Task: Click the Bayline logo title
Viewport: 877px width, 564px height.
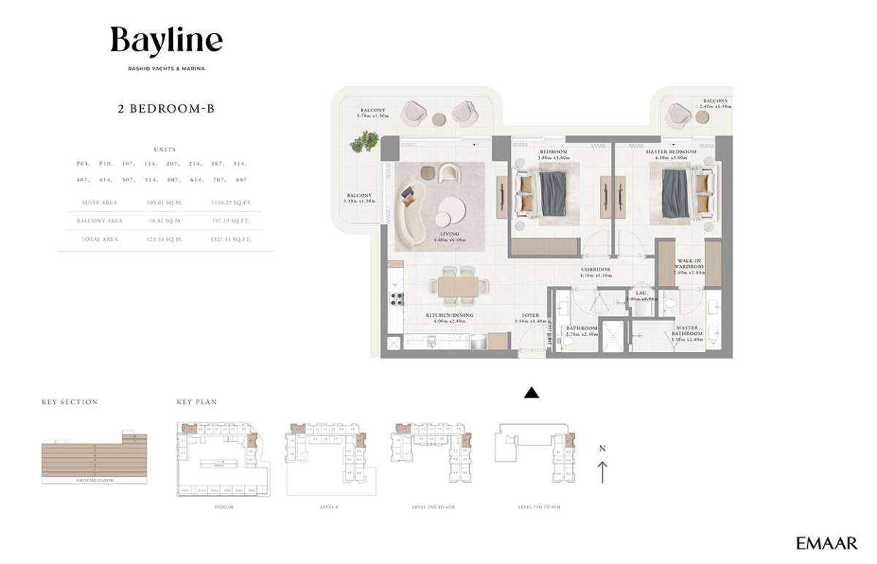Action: point(167,41)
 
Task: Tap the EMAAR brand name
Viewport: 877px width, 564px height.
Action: point(827,543)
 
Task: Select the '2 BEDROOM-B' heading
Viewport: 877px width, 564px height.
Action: point(166,109)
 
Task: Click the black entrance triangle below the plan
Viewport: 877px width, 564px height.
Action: point(532,393)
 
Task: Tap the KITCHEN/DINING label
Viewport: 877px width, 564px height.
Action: point(449,315)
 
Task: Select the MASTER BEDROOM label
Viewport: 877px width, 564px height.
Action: point(667,152)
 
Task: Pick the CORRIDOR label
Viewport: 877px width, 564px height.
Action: point(596,269)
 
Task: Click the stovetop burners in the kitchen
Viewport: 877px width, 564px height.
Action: point(398,298)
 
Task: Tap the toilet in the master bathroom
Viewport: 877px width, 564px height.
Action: point(670,302)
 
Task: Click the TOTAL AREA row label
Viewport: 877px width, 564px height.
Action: point(99,239)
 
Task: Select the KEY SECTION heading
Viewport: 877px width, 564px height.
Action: point(69,402)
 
